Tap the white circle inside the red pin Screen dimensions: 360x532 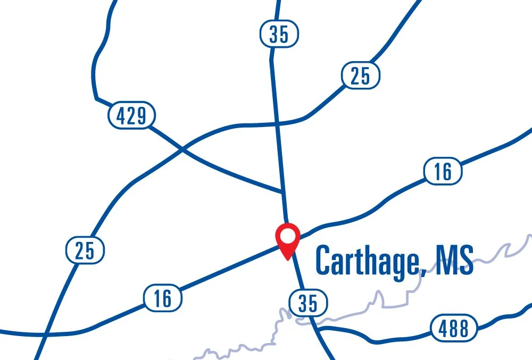tap(287, 235)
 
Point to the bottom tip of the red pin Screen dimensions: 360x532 tap(287, 259)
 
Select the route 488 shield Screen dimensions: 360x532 tap(454, 328)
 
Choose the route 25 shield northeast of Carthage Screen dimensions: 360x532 tap(360, 76)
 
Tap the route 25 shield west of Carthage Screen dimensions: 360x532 tap(85, 250)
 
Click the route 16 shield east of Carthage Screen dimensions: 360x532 tap(442, 171)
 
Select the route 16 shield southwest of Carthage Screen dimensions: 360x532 tap(163, 298)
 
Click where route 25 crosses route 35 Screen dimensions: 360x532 tap(277, 123)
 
